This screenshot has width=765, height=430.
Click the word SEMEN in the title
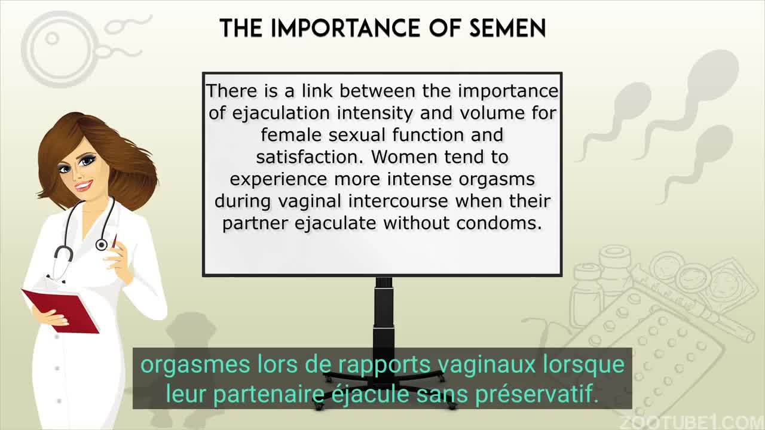[507, 28]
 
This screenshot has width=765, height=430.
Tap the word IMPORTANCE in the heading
[345, 28]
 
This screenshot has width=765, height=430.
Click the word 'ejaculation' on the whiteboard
[281, 113]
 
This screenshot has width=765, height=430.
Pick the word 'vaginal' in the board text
[310, 201]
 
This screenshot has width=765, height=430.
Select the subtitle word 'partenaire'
[269, 394]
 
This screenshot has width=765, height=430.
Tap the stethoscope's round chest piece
[102, 245]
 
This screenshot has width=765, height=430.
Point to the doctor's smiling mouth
[84, 186]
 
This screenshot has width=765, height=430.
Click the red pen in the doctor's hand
[114, 241]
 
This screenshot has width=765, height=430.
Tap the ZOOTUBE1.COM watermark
[693, 423]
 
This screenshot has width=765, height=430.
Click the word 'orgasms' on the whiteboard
[497, 180]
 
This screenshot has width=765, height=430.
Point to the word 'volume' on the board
[492, 113]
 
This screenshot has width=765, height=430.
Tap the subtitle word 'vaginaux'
[486, 365]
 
